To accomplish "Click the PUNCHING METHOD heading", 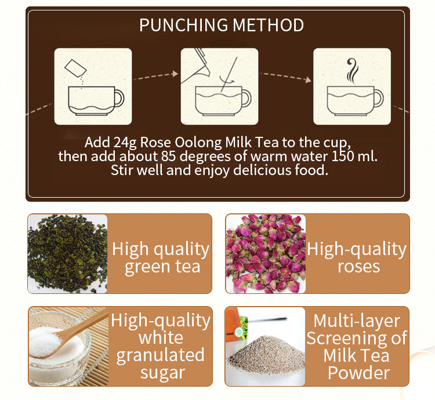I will (x=222, y=26).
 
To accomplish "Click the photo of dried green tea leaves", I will (x=67, y=253).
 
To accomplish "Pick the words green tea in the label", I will (x=162, y=267).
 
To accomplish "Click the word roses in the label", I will (x=358, y=267).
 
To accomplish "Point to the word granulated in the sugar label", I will (x=160, y=355).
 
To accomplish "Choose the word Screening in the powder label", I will (x=357, y=338).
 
